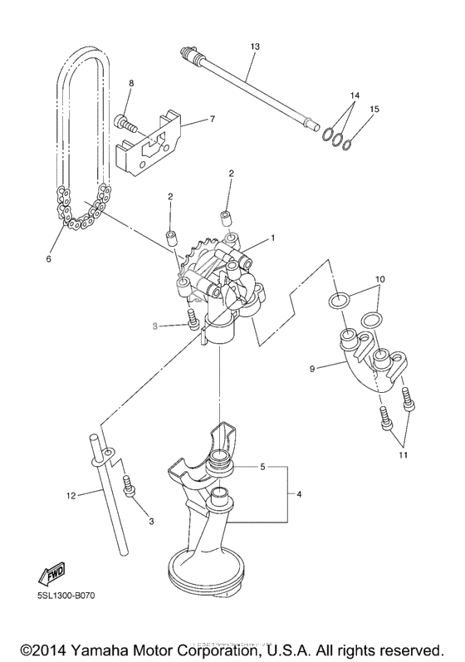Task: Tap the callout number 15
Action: point(374,109)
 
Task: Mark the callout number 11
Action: point(403,454)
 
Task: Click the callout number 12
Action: point(71,496)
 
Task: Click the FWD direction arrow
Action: point(51,573)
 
